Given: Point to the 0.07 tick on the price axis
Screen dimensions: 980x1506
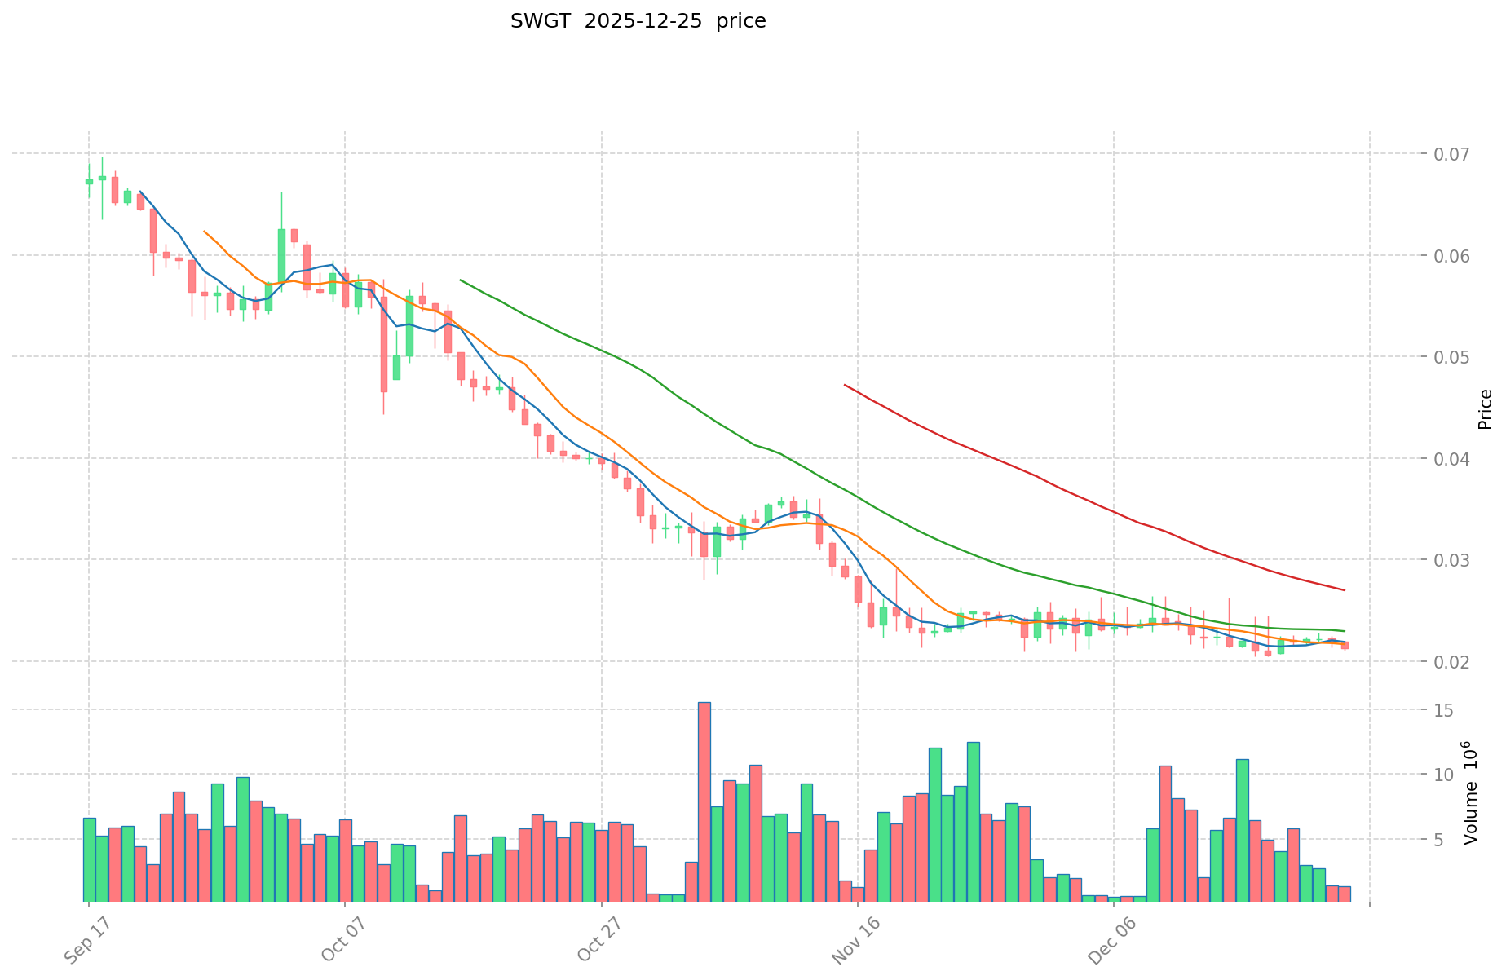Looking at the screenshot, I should (x=1446, y=154).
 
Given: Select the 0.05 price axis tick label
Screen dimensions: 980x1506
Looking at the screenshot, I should (x=1446, y=357).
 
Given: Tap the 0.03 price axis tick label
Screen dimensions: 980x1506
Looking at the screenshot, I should (x=1446, y=560).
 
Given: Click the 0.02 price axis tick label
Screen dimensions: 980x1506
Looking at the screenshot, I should (x=1446, y=661).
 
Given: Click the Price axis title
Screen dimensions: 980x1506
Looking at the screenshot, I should (x=1485, y=409).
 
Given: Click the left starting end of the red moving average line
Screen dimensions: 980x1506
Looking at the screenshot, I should (x=845, y=385).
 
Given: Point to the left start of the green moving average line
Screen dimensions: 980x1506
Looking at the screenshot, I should (x=461, y=280).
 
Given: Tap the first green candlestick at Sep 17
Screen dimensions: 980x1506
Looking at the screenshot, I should (x=89, y=182).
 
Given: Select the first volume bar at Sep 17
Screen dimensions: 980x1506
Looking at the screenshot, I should (x=89, y=859).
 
